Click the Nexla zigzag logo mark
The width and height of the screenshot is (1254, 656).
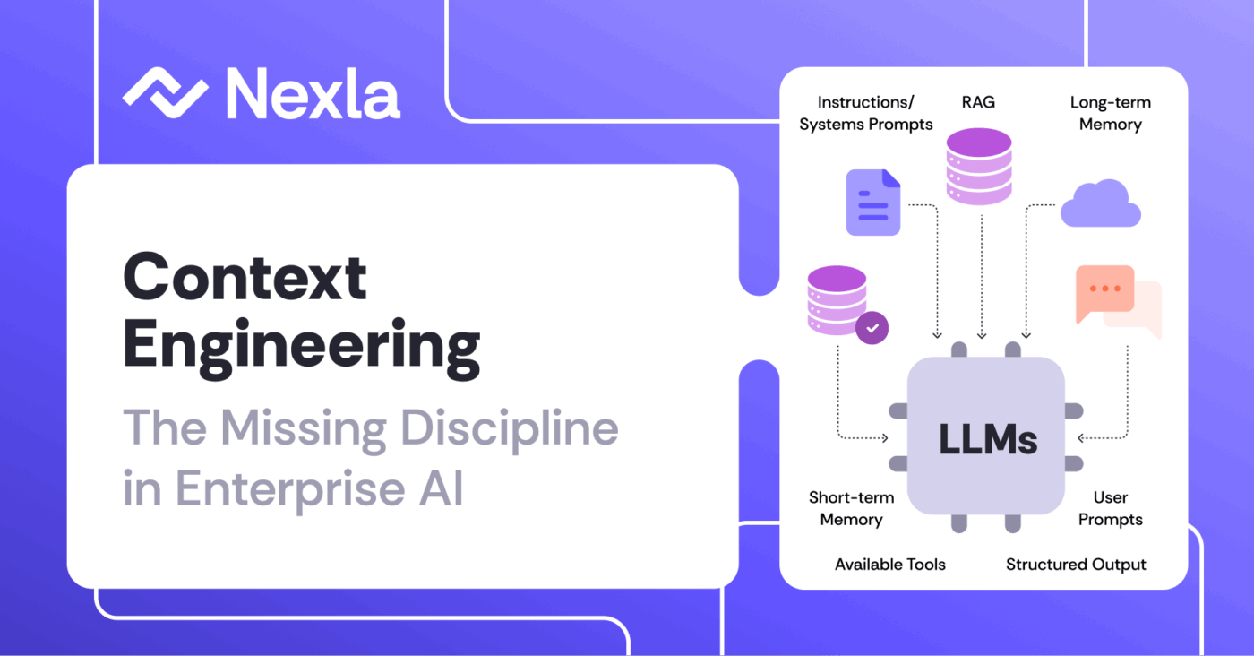coord(166,93)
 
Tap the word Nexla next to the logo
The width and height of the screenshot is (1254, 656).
coord(313,93)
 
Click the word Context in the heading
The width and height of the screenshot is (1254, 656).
coord(245,277)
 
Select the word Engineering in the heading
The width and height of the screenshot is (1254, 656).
coord(301,348)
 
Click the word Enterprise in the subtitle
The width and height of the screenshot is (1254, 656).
coord(290,489)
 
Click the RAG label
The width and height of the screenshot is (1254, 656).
coord(978,102)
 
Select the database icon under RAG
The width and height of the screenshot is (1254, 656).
coord(979,167)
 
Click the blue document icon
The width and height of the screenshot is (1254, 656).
coord(872,203)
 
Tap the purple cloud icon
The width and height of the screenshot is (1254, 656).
coord(1101,203)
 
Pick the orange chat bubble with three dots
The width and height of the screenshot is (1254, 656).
coord(1105,292)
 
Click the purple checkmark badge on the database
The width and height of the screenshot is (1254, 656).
coord(872,328)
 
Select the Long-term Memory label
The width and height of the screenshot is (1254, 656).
coord(1111,113)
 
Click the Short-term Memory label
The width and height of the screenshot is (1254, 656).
coord(852,509)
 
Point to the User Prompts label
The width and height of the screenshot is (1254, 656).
coord(1111,509)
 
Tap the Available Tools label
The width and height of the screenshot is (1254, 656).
coord(890,564)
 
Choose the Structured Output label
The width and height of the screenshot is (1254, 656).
coord(1076,565)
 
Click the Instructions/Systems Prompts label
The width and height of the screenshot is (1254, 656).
coord(866,113)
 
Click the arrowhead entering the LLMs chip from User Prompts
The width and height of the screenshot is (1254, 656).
coord(1080,438)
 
